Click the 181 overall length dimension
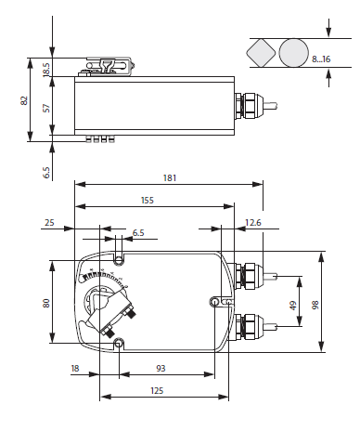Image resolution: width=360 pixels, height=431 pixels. (170, 178)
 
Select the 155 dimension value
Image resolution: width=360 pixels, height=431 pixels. (148, 201)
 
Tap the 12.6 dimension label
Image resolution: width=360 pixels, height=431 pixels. (253, 223)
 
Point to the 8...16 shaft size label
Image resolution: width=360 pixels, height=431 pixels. (321, 59)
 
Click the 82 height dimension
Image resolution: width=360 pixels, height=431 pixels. (24, 100)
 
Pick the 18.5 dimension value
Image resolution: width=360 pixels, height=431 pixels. (46, 70)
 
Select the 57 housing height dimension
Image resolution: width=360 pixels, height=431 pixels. (46, 108)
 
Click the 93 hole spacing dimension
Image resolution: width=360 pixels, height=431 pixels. (161, 369)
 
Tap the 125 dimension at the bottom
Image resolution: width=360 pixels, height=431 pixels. (157, 391)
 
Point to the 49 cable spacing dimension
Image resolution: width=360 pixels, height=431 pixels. (293, 306)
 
